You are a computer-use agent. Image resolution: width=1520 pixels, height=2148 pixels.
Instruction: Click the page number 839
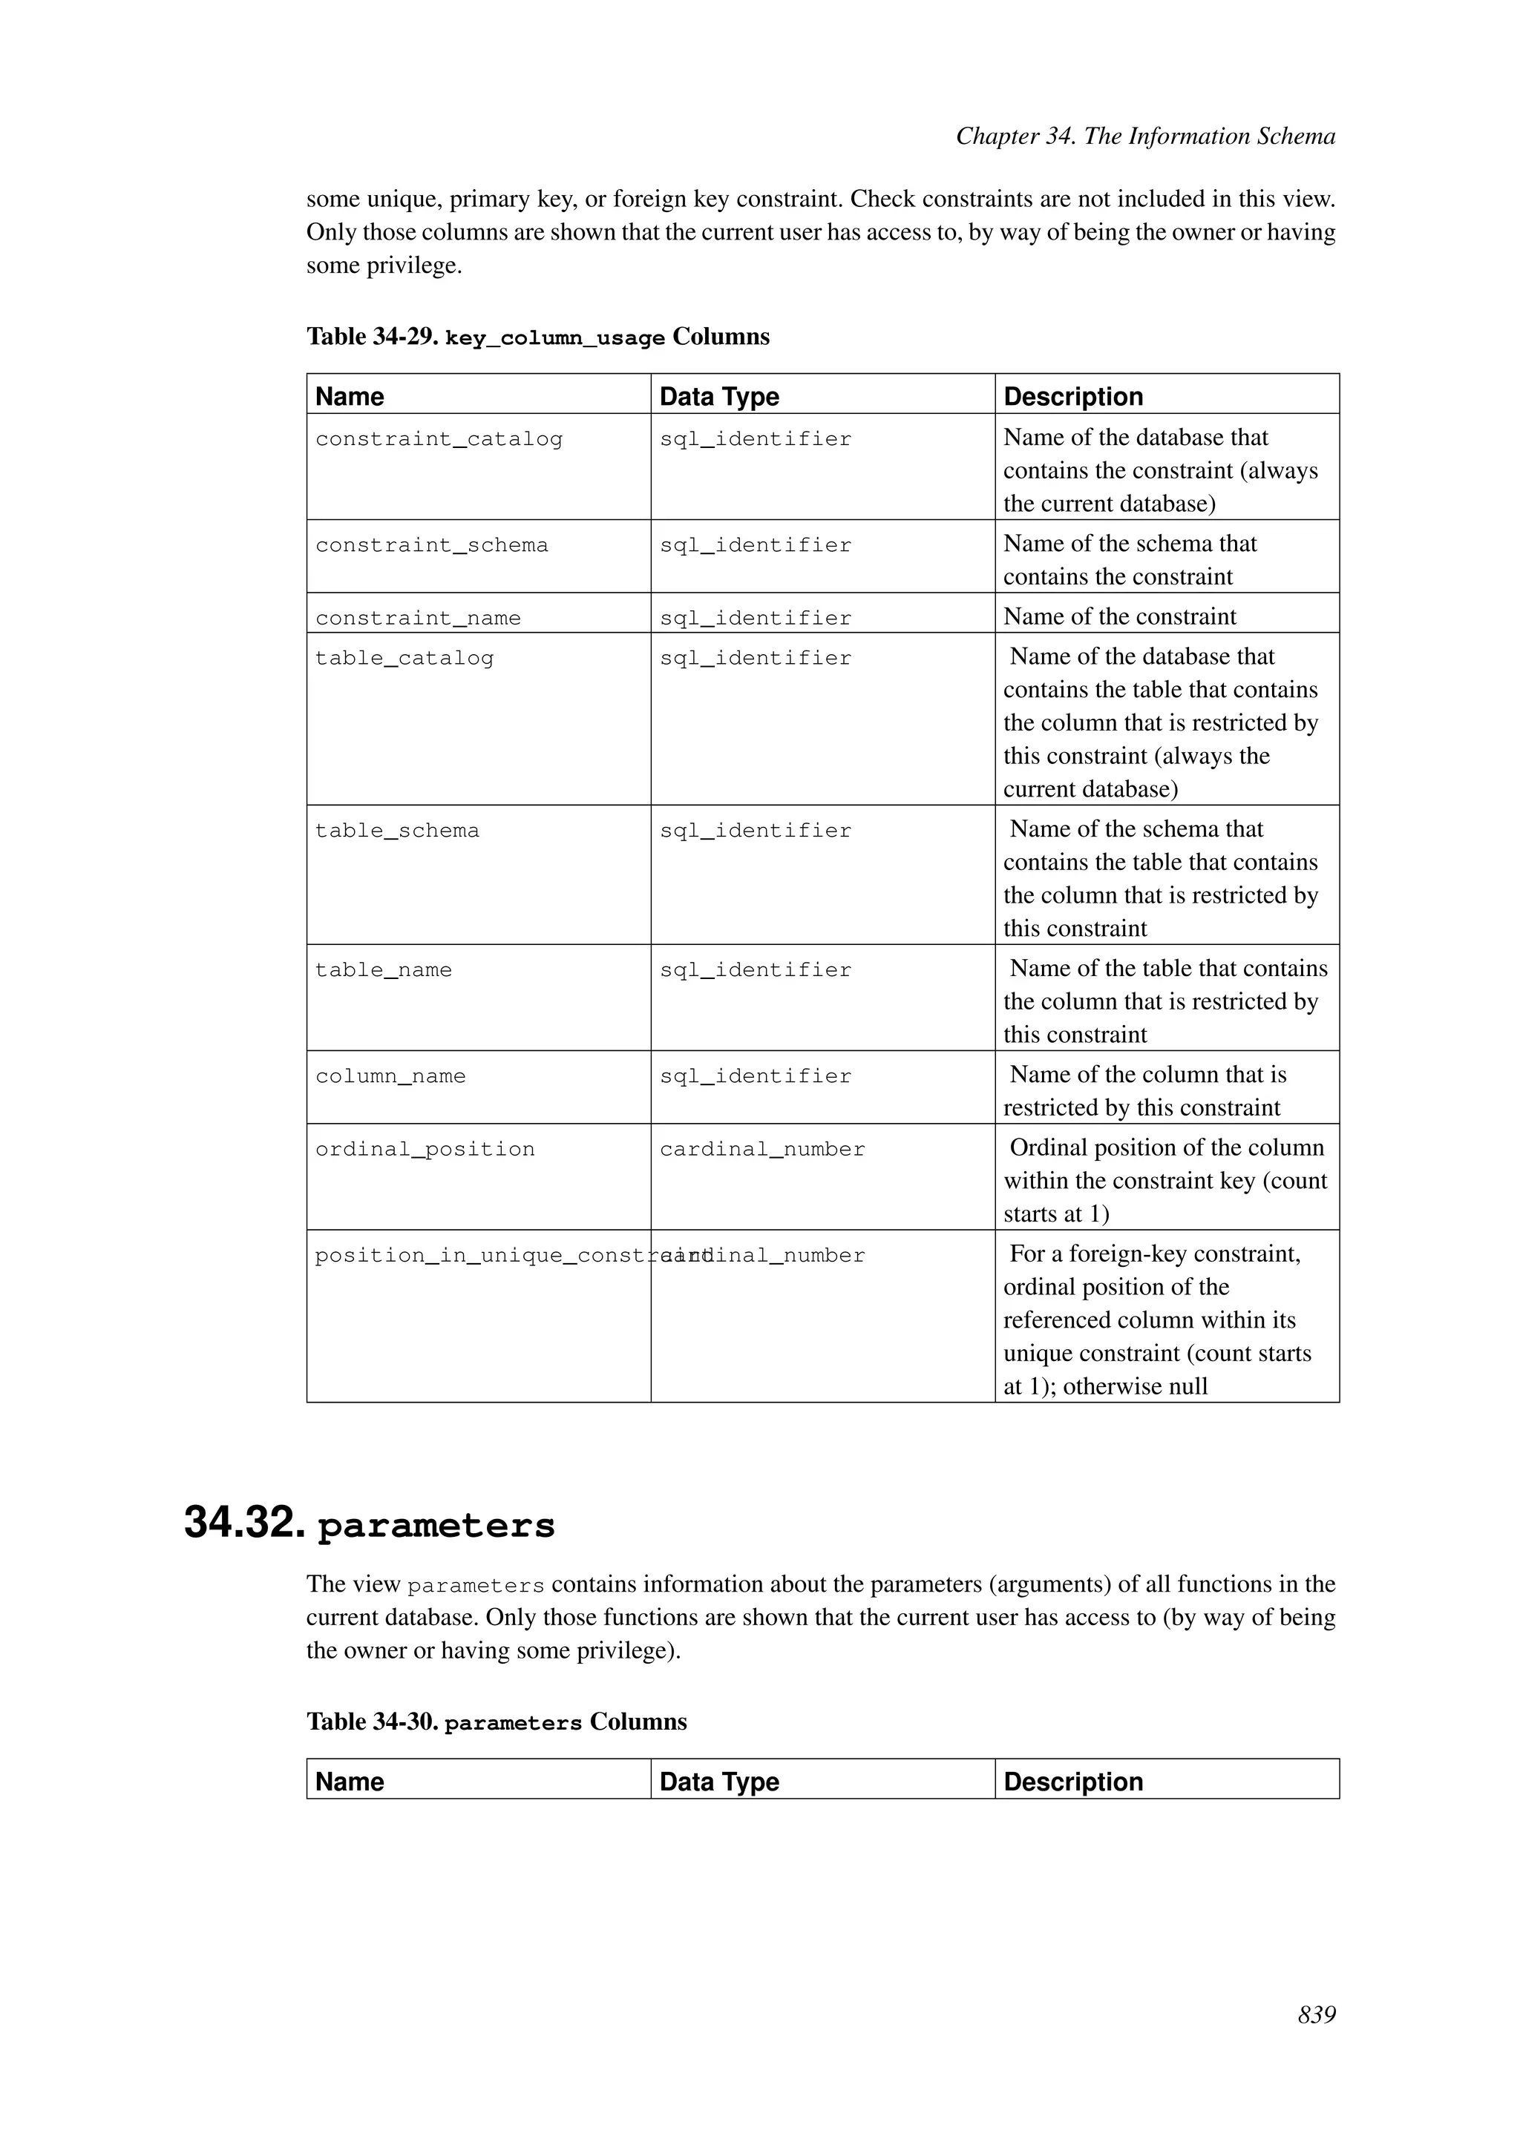pos(1316,2014)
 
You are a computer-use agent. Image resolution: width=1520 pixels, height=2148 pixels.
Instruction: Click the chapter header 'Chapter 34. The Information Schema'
pos(1144,136)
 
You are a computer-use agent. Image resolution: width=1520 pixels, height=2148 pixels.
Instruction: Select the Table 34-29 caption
pos(537,337)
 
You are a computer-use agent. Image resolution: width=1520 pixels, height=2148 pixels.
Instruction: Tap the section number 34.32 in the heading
pos(244,1523)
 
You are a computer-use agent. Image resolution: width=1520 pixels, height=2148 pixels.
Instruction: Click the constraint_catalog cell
pos(439,439)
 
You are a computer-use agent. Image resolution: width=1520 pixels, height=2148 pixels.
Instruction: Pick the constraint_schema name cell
pos(431,545)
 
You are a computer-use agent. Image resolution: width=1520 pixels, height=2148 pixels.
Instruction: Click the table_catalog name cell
pos(404,658)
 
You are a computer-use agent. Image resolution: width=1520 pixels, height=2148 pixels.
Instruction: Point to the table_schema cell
pos(397,831)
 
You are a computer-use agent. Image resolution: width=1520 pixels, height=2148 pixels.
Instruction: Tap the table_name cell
pos(384,970)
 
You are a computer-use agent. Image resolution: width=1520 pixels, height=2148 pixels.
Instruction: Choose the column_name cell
pos(390,1076)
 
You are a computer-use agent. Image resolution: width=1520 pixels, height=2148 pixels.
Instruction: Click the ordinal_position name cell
pos(425,1149)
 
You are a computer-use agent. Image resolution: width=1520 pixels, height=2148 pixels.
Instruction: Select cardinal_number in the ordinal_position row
pos(762,1149)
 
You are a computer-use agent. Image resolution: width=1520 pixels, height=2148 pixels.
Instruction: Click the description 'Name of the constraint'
pos(1119,616)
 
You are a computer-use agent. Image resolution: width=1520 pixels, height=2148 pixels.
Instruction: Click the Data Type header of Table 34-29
pos(719,397)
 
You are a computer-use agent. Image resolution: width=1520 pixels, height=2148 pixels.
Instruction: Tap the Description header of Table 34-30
pos(1072,1782)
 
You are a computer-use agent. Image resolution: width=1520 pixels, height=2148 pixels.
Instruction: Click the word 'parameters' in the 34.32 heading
pos(436,1526)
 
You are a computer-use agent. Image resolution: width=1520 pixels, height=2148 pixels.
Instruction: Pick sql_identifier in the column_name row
pos(756,1076)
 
